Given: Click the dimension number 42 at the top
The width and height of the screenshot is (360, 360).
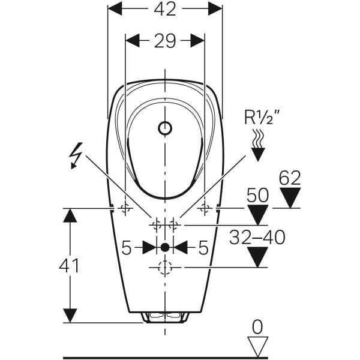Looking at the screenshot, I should click(x=165, y=9).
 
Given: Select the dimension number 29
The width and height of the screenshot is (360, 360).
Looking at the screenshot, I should click(x=165, y=41).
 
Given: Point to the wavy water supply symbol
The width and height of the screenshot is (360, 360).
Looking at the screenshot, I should click(x=257, y=139).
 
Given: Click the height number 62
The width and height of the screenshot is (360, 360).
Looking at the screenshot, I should click(x=291, y=178).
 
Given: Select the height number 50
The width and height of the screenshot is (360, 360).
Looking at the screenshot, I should click(x=259, y=196).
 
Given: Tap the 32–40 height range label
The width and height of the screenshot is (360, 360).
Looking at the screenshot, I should click(x=258, y=237).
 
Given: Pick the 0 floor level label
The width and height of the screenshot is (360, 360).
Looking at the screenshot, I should click(x=258, y=326).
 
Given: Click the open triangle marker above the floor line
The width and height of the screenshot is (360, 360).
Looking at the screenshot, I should click(x=258, y=346).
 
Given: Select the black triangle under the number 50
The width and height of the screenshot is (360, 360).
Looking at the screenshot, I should click(x=259, y=215).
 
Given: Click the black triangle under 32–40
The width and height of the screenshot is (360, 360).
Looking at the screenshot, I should click(x=258, y=257).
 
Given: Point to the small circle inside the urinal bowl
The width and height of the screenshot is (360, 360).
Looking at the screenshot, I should click(x=165, y=128).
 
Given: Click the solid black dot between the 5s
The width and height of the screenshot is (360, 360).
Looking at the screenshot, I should click(x=165, y=247).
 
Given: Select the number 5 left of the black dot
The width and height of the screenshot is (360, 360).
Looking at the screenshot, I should click(x=126, y=247).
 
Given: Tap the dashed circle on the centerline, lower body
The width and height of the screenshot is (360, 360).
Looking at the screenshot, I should click(x=165, y=268).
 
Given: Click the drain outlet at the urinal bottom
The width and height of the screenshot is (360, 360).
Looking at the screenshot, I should click(x=165, y=316).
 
